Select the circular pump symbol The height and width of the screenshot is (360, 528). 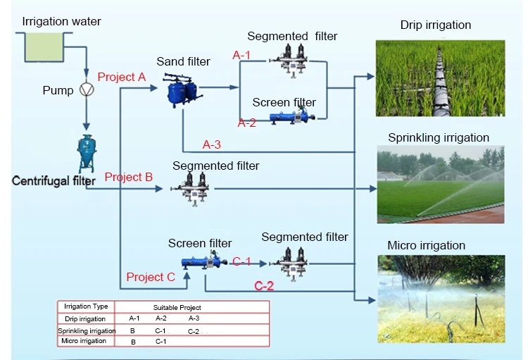(x=87, y=90)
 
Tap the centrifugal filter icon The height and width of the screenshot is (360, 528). (x=87, y=153)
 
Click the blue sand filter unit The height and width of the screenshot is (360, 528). (x=182, y=89)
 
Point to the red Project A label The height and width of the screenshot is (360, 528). (x=121, y=77)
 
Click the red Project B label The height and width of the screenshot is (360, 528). (x=128, y=177)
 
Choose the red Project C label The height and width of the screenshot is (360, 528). (x=150, y=277)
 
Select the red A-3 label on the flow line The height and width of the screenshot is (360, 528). (x=212, y=144)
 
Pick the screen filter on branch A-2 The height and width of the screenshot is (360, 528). (x=290, y=118)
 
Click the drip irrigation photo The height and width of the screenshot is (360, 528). (x=441, y=77)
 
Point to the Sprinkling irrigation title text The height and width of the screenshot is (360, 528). (x=438, y=137)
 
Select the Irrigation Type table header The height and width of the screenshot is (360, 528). (x=86, y=306)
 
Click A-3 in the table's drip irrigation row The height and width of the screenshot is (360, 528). (x=193, y=318)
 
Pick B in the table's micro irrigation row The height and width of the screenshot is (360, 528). (x=132, y=342)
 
